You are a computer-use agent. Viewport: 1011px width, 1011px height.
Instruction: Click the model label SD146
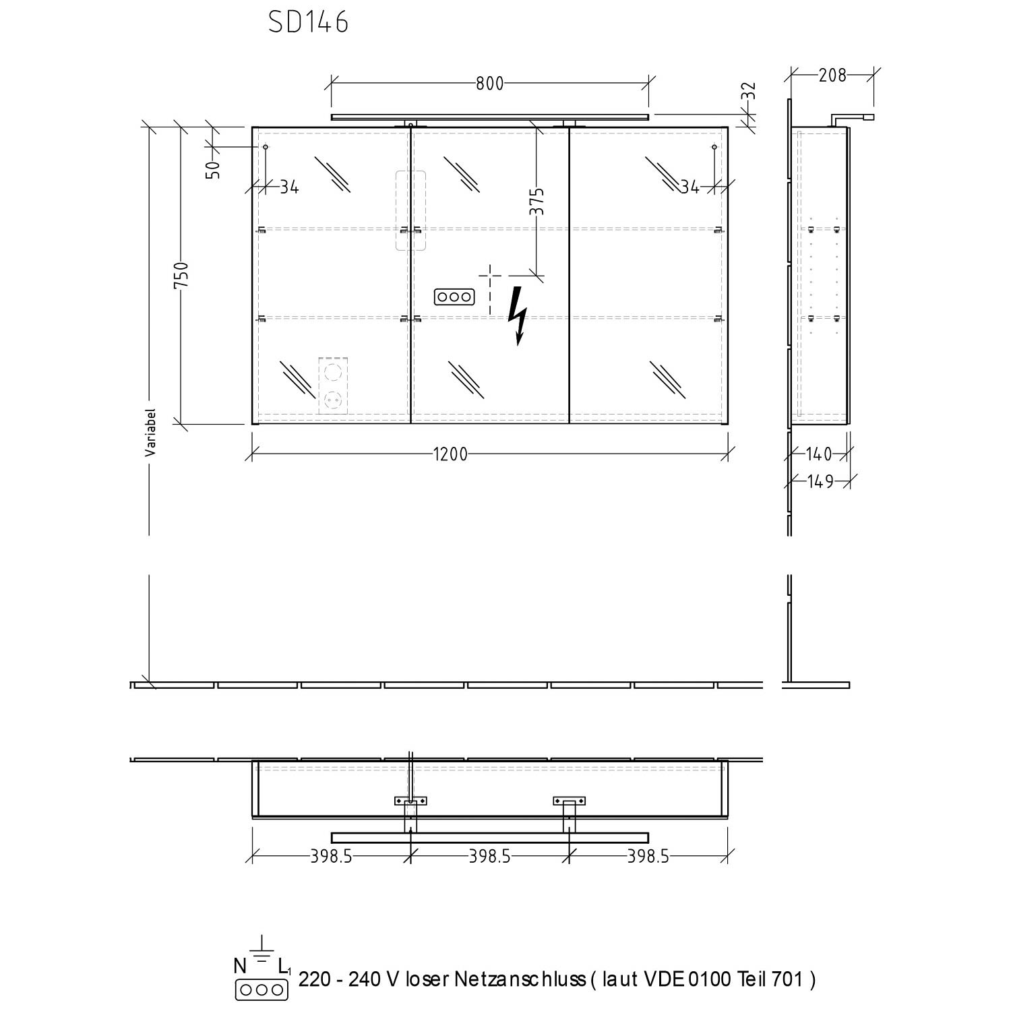pos(308,22)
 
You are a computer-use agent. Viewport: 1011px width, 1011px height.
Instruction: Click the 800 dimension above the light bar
pos(490,84)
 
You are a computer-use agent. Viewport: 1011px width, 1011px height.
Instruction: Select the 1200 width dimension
pos(450,454)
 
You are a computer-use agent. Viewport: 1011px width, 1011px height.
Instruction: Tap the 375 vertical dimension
pos(537,202)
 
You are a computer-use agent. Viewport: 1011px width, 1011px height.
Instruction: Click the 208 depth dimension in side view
pos(832,75)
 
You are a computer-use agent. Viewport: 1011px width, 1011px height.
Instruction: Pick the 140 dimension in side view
pos(819,454)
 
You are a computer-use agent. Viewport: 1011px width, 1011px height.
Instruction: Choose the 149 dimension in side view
pos(820,481)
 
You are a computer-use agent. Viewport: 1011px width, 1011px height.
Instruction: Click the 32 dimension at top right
pos(749,91)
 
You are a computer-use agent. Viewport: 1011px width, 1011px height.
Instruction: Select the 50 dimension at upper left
pos(213,169)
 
